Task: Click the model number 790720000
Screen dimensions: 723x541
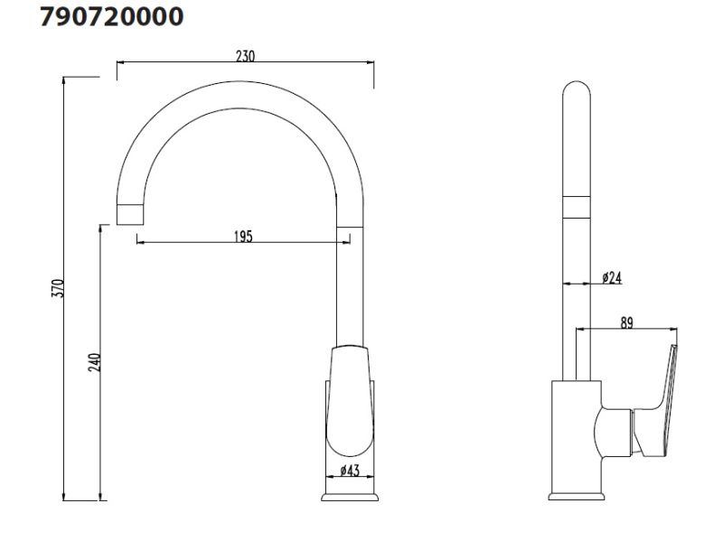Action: pos(111,16)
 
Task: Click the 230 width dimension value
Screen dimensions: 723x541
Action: pos(245,56)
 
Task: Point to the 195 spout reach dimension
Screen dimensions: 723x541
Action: pos(243,237)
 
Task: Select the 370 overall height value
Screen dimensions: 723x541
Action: pos(58,288)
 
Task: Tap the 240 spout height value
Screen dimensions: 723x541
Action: pos(95,362)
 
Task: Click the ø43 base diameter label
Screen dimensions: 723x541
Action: pos(350,471)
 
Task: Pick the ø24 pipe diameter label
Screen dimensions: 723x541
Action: pos(612,277)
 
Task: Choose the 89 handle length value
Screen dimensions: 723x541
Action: pos(626,323)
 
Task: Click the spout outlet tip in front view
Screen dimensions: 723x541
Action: pos(130,214)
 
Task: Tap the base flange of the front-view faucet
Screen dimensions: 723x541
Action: pos(350,497)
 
